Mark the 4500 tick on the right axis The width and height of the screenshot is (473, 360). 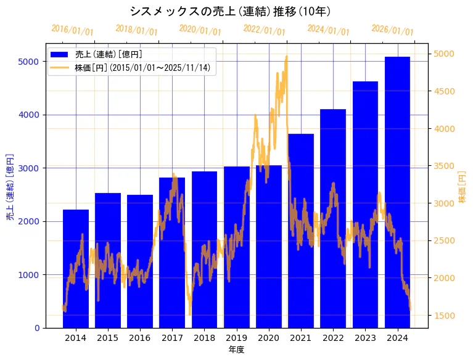[446, 91]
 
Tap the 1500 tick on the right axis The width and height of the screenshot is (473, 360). [446, 316]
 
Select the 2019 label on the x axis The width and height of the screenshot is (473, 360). [236, 338]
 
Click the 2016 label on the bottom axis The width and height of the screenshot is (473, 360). [140, 338]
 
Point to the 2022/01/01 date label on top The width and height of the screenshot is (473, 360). [264, 30]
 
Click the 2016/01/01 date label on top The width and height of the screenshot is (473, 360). [72, 30]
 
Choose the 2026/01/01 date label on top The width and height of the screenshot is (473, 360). [392, 30]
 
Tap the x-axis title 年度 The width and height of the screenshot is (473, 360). [236, 350]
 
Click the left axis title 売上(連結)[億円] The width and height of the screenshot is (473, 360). [10, 187]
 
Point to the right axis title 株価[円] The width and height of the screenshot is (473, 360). [463, 187]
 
